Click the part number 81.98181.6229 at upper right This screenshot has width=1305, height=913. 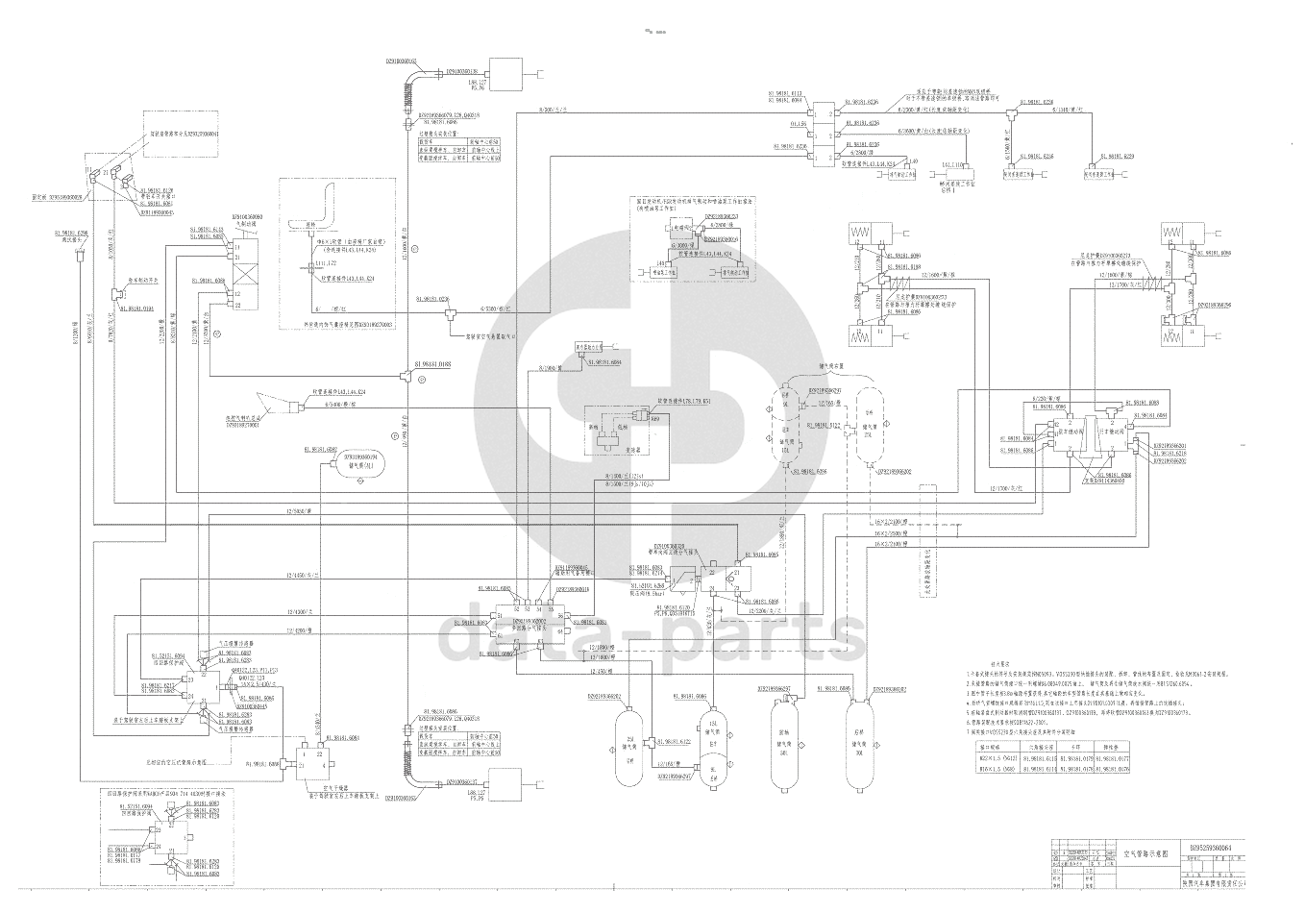point(1115,156)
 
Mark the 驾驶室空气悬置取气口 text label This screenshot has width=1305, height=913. point(490,336)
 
